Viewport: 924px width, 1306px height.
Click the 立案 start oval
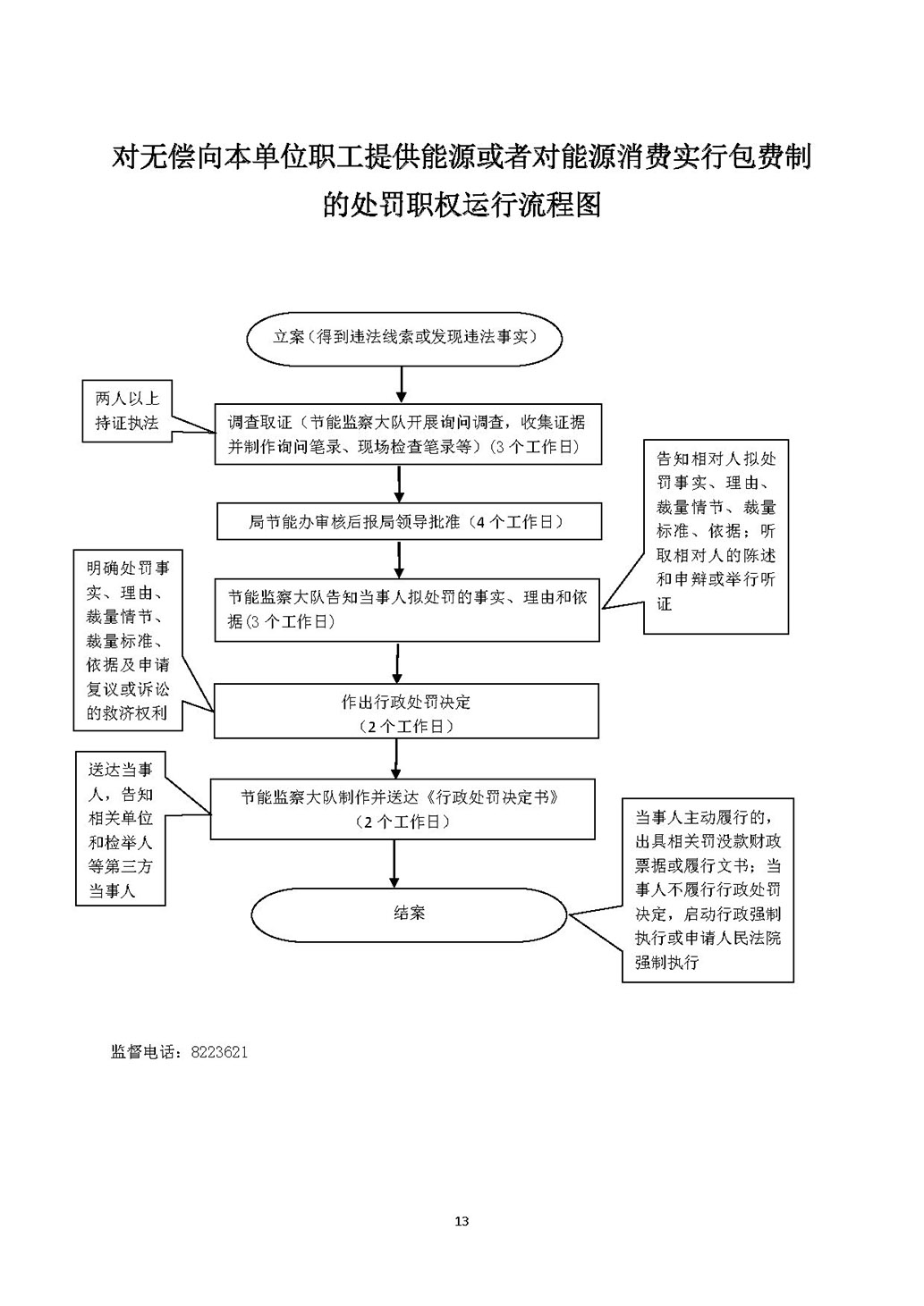click(404, 338)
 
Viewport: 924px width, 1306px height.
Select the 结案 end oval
click(409, 914)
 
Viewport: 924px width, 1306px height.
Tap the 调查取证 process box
click(407, 434)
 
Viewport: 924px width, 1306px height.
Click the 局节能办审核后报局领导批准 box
click(409, 521)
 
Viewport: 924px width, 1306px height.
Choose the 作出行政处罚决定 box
click(406, 712)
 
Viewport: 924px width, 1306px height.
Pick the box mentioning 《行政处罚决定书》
click(403, 808)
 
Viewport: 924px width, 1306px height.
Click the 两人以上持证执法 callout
click(126, 410)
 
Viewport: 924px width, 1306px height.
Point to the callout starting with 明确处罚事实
click(127, 640)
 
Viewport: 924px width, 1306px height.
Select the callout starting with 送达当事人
click(121, 830)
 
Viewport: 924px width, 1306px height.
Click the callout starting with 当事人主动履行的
click(708, 890)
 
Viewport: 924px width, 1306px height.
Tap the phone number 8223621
click(218, 1052)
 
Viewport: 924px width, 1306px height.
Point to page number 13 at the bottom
click(462, 1221)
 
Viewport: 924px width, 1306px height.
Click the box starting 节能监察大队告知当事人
click(407, 610)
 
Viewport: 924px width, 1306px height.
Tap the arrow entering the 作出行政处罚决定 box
click(396, 662)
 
